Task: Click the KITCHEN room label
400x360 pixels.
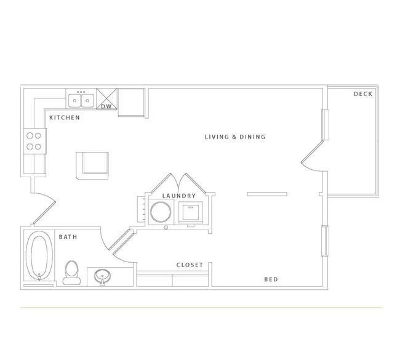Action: click(65, 118)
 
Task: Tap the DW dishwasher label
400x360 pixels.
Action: click(106, 106)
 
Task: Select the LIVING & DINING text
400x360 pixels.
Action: click(235, 137)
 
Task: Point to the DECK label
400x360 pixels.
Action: click(363, 94)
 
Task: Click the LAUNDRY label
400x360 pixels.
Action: click(179, 196)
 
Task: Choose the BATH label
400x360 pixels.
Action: click(68, 237)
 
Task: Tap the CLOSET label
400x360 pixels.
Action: click(190, 265)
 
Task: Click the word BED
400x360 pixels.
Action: click(271, 279)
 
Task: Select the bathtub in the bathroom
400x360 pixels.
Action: click(39, 256)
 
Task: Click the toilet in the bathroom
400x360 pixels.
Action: click(71, 273)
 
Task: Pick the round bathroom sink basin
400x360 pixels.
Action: click(102, 276)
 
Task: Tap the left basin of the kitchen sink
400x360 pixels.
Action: click(74, 100)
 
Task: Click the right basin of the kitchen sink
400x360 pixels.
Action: click(87, 100)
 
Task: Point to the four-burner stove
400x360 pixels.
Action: click(35, 141)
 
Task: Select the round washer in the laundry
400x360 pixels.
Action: click(161, 212)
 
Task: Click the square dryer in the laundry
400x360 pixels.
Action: click(191, 212)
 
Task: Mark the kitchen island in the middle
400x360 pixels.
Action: click(92, 166)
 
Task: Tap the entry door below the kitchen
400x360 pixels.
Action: click(44, 209)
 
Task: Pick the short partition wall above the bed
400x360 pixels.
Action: click(267, 194)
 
